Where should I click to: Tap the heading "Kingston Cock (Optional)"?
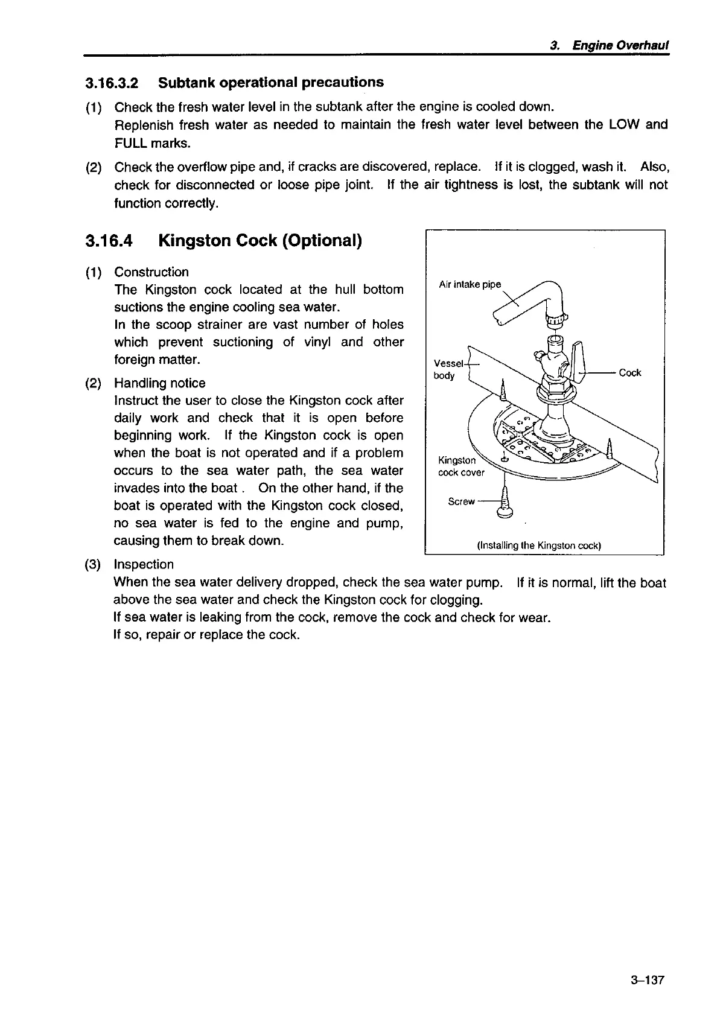(260, 241)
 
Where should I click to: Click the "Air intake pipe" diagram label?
(470, 284)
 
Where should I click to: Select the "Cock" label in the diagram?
(629, 373)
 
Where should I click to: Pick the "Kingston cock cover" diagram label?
(460, 466)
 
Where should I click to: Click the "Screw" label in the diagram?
(461, 501)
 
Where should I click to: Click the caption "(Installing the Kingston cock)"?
(539, 546)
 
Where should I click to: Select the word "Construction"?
(151, 272)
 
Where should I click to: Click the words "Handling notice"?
(159, 383)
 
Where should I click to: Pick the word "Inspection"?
(144, 565)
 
